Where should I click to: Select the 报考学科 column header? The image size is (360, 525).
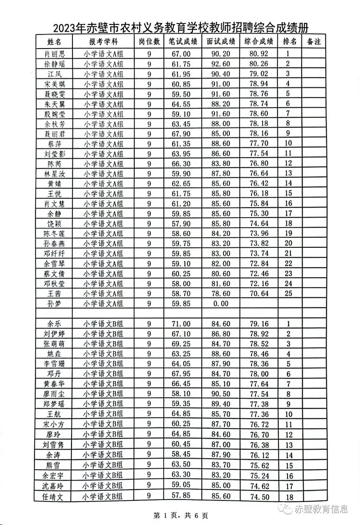tap(104, 41)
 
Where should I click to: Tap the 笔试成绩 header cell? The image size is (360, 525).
tap(183, 41)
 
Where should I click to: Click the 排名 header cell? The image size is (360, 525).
tap(289, 41)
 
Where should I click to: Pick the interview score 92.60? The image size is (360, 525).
tap(221, 64)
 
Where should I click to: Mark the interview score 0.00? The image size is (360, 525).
tap(221, 303)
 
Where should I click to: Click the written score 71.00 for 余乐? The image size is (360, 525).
tap(183, 323)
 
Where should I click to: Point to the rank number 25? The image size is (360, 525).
tap(288, 293)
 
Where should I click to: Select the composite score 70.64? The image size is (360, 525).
tap(259, 293)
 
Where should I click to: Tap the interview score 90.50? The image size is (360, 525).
tap(221, 393)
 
